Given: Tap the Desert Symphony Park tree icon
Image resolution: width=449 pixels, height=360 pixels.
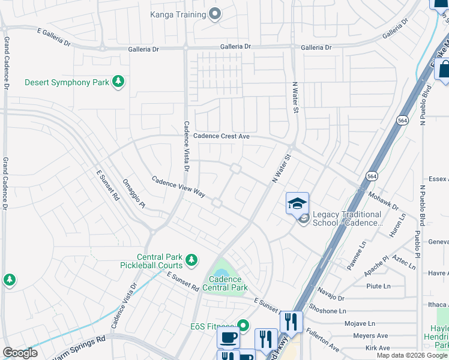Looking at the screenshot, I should [x=118, y=82].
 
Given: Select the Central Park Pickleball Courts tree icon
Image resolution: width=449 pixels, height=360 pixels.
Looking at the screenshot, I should [x=191, y=260].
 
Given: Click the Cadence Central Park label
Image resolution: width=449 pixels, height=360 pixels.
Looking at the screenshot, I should [x=225, y=283].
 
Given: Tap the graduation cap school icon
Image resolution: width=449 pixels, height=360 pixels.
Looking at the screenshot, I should [x=297, y=203].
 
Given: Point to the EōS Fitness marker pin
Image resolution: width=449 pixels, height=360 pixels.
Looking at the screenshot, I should [x=243, y=326].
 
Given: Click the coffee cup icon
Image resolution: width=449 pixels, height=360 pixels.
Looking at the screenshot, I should [x=228, y=338].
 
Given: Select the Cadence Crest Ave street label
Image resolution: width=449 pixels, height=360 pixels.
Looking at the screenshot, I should [x=221, y=137].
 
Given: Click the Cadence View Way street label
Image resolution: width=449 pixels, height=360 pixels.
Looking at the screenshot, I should [x=178, y=187].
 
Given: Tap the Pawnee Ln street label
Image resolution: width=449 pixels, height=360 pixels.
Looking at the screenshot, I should [x=357, y=254].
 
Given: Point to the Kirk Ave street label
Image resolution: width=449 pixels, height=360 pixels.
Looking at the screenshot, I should [x=378, y=348].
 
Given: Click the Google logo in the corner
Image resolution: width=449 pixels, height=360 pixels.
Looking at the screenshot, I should [x=20, y=353].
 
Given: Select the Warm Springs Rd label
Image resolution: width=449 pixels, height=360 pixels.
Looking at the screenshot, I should [x=79, y=348].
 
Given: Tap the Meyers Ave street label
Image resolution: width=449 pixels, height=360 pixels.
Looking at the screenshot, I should [x=370, y=336].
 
